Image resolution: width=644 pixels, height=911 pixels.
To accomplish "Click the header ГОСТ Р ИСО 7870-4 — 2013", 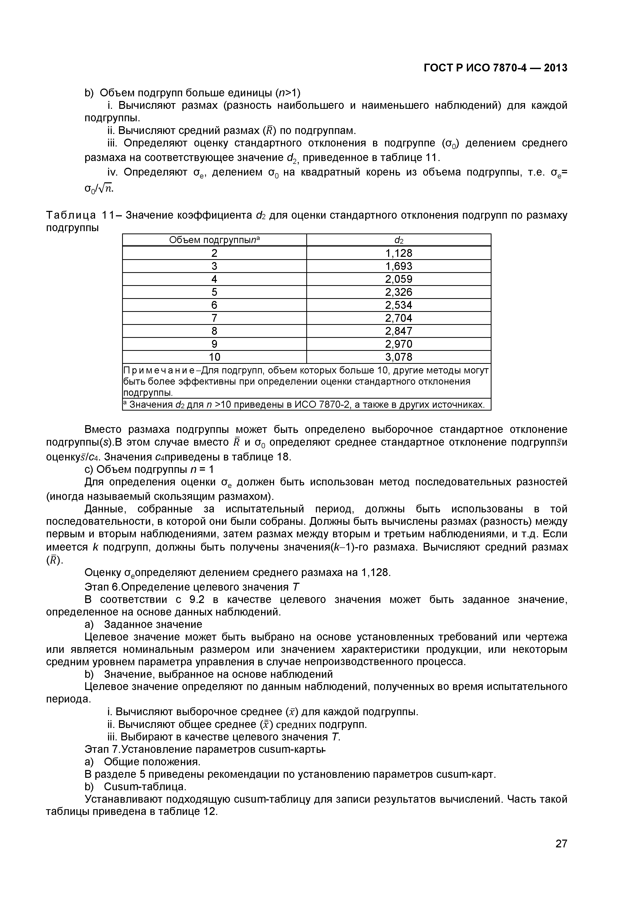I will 495,68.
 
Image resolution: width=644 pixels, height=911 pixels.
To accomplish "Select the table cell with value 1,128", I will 399,253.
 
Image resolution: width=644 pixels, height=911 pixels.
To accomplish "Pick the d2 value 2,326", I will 399,292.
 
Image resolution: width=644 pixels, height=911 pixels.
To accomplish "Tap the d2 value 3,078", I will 399,357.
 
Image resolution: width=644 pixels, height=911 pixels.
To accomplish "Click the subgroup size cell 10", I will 214,357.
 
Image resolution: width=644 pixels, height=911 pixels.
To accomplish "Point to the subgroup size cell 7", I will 214,318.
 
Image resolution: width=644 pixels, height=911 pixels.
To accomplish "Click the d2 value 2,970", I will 399,344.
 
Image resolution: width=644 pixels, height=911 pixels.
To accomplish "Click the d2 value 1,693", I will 399,266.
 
